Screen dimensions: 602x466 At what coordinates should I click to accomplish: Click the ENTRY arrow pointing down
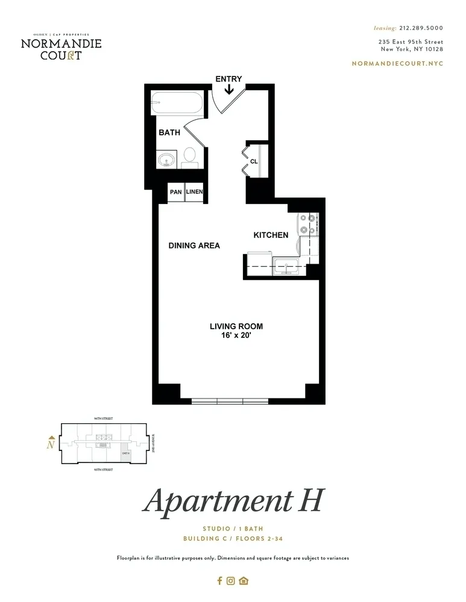coord(229,90)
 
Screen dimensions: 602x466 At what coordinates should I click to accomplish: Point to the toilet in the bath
coord(190,157)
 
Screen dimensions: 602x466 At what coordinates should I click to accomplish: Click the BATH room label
coord(169,132)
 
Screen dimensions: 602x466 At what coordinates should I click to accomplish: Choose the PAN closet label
coord(175,192)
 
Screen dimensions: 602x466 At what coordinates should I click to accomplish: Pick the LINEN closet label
coord(194,192)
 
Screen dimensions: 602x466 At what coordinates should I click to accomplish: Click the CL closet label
coord(254,161)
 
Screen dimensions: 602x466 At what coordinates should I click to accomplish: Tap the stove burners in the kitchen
coord(312,223)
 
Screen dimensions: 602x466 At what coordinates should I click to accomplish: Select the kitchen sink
coord(283,265)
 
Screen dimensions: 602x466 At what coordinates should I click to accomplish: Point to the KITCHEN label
coord(271,235)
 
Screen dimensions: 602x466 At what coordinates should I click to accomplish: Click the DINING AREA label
coord(194,246)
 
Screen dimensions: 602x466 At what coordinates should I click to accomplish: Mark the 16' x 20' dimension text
coord(236,336)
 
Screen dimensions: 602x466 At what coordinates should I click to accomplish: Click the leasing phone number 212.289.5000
coord(421,28)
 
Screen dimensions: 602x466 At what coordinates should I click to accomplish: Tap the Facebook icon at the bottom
coord(219,581)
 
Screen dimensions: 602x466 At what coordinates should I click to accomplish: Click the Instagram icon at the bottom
coord(230,581)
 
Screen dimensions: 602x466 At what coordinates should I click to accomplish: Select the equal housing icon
coord(244,581)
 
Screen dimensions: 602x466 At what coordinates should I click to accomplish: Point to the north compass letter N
coord(52,445)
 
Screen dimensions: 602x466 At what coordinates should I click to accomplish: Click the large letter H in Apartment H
coord(309,501)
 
